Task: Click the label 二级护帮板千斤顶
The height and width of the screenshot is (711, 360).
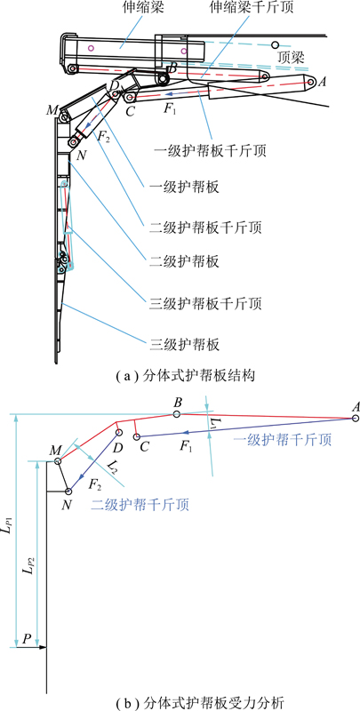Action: click(x=205, y=228)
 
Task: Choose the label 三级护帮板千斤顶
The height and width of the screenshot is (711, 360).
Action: click(x=205, y=303)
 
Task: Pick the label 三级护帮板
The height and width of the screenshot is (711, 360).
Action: click(x=184, y=345)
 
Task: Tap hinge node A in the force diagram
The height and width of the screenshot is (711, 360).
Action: click(x=356, y=419)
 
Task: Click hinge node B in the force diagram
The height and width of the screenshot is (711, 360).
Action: click(x=177, y=414)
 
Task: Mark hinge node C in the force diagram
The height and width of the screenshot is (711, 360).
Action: click(x=136, y=436)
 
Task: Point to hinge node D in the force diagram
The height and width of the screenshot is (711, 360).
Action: click(x=119, y=432)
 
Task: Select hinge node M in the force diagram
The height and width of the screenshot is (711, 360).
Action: click(x=57, y=461)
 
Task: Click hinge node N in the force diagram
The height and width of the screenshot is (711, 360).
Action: click(x=68, y=491)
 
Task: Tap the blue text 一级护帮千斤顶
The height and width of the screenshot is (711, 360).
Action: click(x=282, y=439)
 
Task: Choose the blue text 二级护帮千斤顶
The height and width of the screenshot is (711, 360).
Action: click(x=140, y=504)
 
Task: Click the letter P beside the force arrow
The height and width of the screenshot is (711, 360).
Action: click(x=27, y=639)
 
